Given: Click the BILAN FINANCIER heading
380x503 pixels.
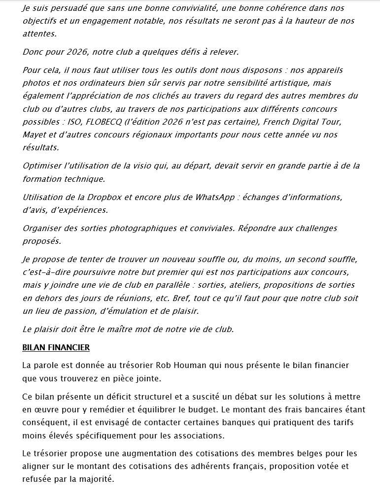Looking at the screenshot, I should coord(56,347).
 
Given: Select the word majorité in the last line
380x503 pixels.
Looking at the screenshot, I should coord(97,478).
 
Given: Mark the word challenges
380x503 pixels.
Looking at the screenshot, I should coord(312,228).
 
